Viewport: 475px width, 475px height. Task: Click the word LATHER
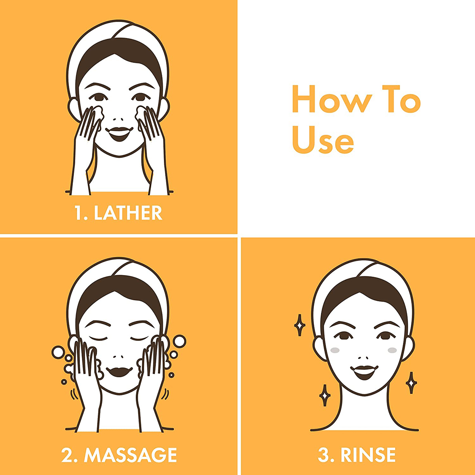click(x=128, y=213)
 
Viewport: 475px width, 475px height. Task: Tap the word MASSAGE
click(x=130, y=455)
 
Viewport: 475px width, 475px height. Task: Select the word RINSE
click(x=368, y=455)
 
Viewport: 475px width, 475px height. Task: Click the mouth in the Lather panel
click(x=119, y=134)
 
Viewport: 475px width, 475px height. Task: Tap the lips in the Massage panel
click(x=119, y=371)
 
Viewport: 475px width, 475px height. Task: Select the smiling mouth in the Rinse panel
click(x=364, y=372)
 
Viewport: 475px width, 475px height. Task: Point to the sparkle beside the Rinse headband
click(x=300, y=325)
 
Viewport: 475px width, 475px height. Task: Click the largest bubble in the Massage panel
click(x=179, y=341)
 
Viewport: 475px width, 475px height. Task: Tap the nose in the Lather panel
click(x=118, y=120)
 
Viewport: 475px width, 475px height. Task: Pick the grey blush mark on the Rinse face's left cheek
click(x=335, y=350)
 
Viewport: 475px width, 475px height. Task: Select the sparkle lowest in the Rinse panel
click(x=325, y=395)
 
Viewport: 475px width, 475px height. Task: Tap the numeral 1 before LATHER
click(x=79, y=213)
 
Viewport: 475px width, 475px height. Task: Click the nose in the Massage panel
click(x=118, y=357)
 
